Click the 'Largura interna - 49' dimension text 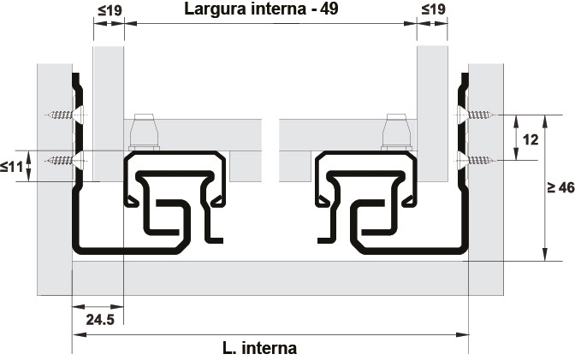click(x=270, y=11)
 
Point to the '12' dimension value click(x=530, y=139)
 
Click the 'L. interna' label click(x=259, y=348)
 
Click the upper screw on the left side click(x=62, y=114)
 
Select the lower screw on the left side click(x=62, y=159)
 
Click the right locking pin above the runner click(x=396, y=133)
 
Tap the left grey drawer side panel click(x=109, y=103)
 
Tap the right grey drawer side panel click(x=432, y=103)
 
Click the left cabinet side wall click(x=51, y=214)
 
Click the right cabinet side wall click(x=487, y=214)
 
